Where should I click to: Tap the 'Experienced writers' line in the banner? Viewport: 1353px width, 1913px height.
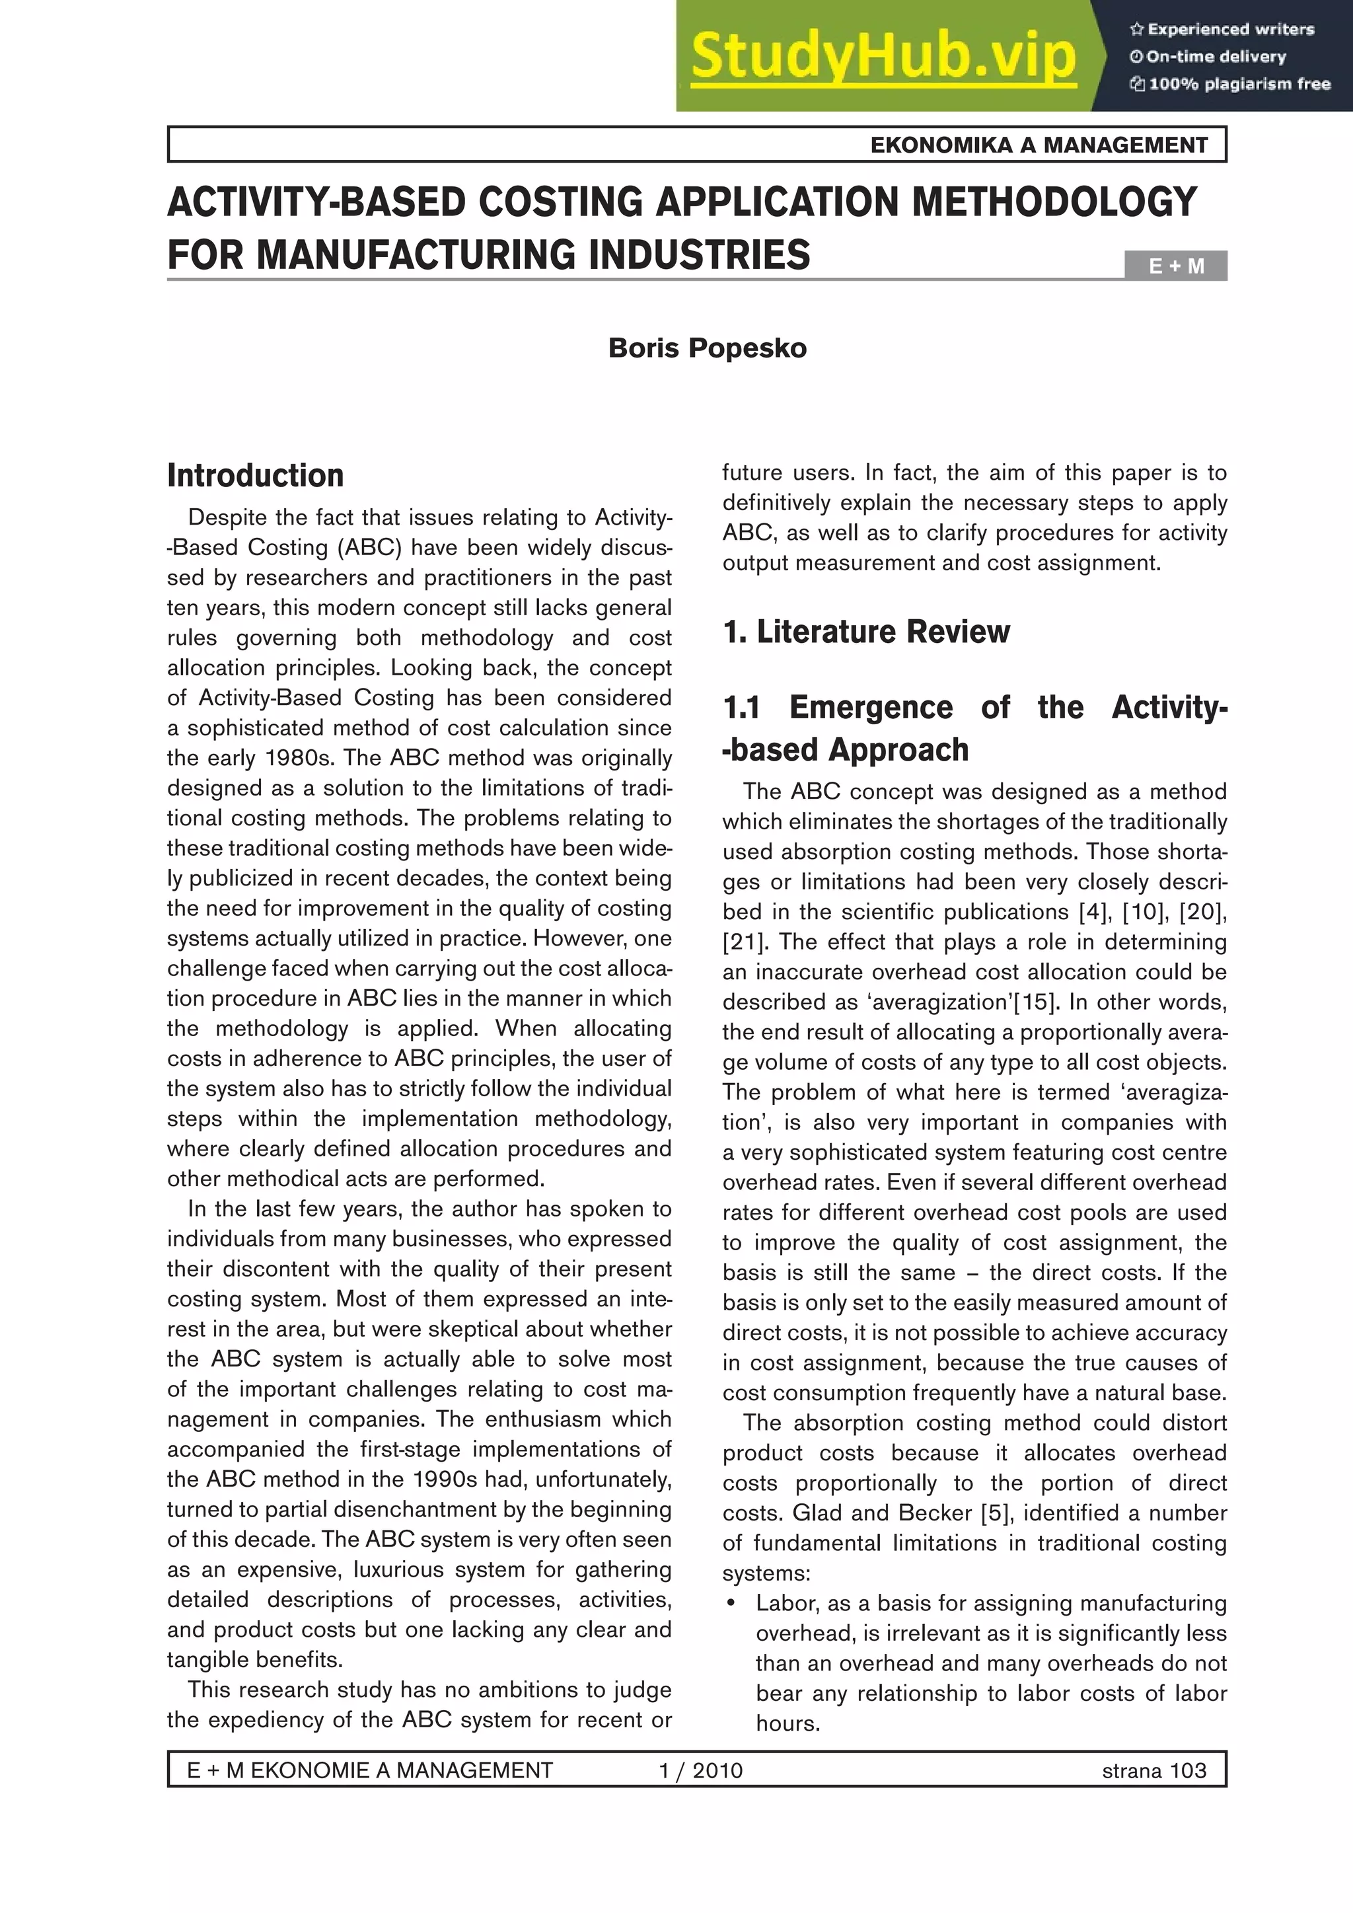click(1222, 29)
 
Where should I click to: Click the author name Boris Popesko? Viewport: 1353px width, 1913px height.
click(708, 348)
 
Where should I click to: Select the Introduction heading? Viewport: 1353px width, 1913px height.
click(255, 476)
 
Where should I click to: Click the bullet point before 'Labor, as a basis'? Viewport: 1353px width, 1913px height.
click(731, 1604)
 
